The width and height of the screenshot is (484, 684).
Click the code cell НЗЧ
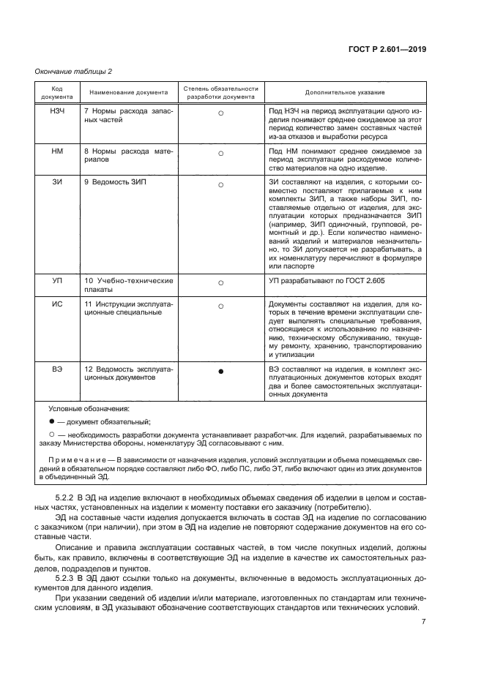(56, 110)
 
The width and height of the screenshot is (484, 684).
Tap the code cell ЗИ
(56, 182)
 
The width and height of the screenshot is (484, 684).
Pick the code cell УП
(56, 280)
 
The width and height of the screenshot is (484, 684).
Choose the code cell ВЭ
(56, 370)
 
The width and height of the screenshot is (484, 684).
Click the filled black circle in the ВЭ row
(220, 372)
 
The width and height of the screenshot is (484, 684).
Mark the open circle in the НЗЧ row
(220, 112)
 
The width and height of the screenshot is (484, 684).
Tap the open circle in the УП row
(220, 282)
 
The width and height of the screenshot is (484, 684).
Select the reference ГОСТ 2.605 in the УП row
(354, 280)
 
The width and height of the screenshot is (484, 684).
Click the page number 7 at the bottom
(424, 622)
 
